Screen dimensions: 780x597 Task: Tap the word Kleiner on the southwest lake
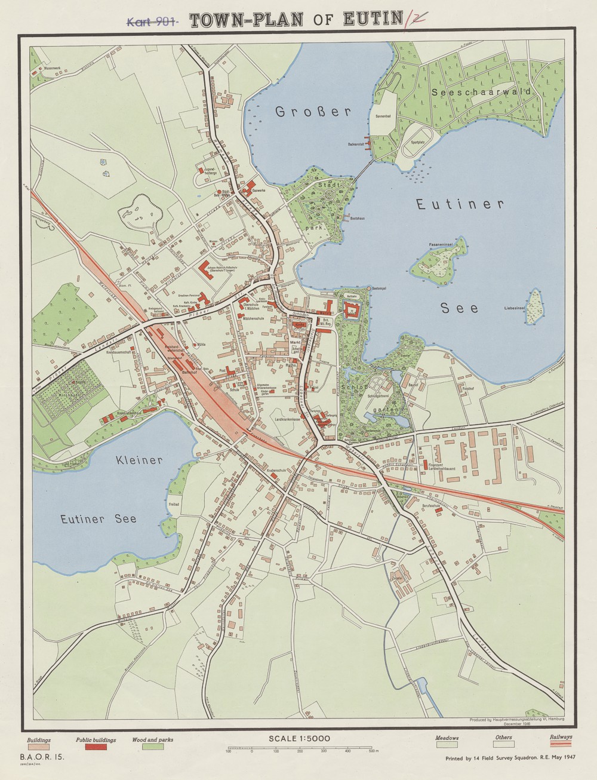click(140, 460)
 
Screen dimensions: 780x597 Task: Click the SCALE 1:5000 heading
click(299, 738)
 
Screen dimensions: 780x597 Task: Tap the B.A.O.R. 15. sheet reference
click(45, 757)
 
